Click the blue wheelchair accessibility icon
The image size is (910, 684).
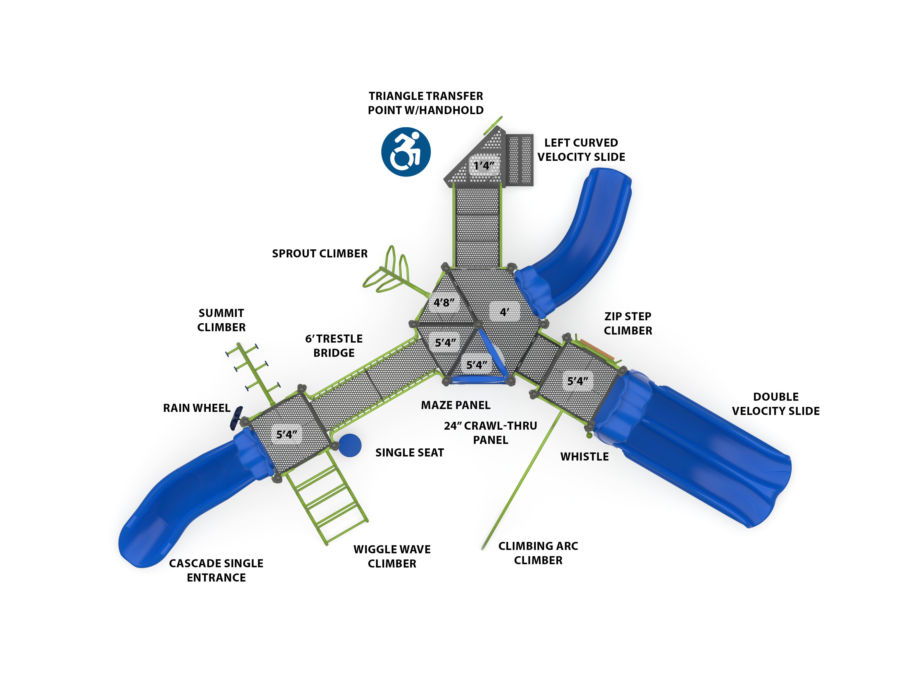coord(406,152)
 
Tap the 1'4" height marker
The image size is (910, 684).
coord(484,166)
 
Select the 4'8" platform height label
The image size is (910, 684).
coord(444,303)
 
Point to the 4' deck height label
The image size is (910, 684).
coord(504,312)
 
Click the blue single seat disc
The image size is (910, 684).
coord(350,445)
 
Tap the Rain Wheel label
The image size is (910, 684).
coord(197,408)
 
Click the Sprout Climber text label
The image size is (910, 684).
coord(320,254)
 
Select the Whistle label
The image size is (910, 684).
coord(584,457)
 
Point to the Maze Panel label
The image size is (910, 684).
coord(455,405)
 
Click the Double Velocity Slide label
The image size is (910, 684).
coord(775,404)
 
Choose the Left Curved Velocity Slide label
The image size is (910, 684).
coord(581,150)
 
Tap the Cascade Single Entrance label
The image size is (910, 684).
coord(216,570)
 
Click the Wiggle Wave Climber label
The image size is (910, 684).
coord(392,556)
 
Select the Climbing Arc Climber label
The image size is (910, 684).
coord(538,553)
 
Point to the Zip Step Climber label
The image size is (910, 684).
coord(628,324)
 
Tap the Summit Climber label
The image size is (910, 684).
coord(221,320)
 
